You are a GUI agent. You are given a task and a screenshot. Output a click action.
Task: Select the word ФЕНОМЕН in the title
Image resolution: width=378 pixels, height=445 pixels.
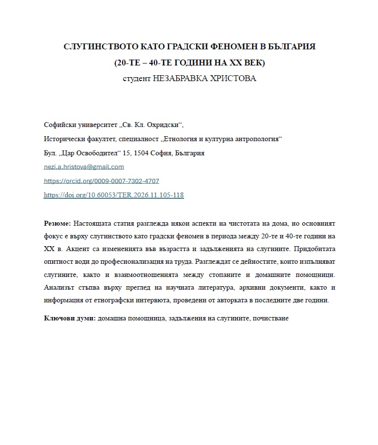(x=234, y=47)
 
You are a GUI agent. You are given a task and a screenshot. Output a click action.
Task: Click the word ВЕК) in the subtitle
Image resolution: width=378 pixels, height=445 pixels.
(x=255, y=63)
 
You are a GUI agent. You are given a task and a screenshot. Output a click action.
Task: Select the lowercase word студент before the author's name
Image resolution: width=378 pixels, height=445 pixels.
(x=137, y=79)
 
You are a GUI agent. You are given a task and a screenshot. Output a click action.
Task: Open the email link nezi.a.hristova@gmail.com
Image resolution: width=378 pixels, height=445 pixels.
(x=84, y=167)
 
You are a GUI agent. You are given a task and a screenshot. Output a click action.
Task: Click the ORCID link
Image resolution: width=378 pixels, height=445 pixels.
(x=101, y=181)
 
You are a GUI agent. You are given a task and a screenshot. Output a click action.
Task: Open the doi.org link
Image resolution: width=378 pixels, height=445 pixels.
(x=113, y=195)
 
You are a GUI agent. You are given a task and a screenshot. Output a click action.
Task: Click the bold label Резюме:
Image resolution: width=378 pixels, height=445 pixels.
(x=57, y=224)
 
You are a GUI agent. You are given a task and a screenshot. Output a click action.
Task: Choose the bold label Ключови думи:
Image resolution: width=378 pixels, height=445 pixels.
(x=69, y=318)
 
